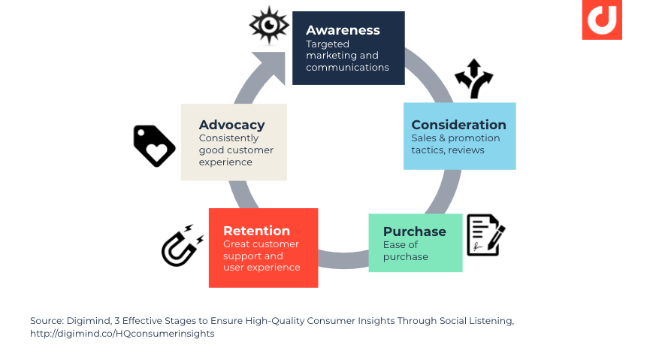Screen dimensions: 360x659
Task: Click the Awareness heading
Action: [x=343, y=31]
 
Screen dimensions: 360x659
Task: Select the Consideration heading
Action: [x=458, y=125]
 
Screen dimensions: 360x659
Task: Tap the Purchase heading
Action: [x=414, y=231]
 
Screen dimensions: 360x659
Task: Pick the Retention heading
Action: [x=256, y=231]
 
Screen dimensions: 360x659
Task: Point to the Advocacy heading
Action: [x=231, y=125]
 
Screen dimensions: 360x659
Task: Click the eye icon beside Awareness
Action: [x=269, y=26]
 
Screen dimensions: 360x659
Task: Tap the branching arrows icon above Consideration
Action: [x=473, y=78]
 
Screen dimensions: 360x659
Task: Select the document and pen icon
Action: [x=485, y=234]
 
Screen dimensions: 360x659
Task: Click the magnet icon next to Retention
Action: [x=181, y=247]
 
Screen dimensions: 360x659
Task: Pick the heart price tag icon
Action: [x=154, y=145]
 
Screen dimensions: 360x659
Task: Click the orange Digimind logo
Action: [x=601, y=20]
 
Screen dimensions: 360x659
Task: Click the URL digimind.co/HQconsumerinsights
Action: [x=122, y=334]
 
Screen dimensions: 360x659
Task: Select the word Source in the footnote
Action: [x=47, y=321]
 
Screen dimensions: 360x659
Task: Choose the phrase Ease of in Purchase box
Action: [x=401, y=245]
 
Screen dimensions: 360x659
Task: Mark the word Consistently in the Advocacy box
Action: [x=228, y=138]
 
